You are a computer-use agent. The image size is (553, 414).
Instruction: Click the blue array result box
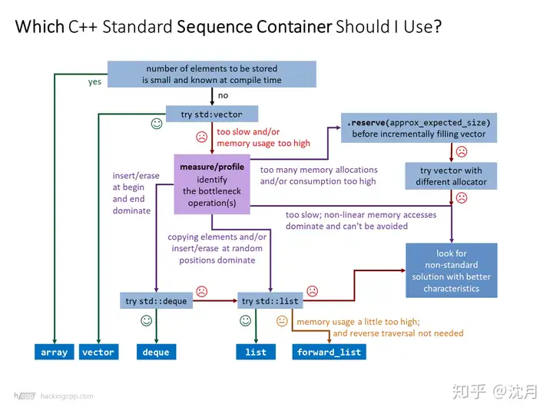pyautogui.click(x=55, y=352)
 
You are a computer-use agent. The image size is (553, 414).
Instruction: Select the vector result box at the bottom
pyautogui.click(x=98, y=352)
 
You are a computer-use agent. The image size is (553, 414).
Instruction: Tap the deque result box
pyautogui.click(x=157, y=352)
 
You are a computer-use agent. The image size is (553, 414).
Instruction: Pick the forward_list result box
pyautogui.click(x=329, y=352)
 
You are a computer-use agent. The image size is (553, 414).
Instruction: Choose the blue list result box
pyautogui.click(x=256, y=352)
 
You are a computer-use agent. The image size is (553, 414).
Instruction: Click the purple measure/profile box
pyautogui.click(x=212, y=184)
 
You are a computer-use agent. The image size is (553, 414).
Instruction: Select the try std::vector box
pyautogui.click(x=211, y=114)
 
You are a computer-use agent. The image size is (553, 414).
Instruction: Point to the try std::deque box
pyautogui.click(x=156, y=301)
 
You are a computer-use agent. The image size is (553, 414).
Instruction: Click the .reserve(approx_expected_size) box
pyautogui.click(x=419, y=128)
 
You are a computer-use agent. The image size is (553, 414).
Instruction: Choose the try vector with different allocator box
pyautogui.click(x=452, y=176)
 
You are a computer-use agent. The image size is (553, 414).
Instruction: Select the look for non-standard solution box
pyautogui.click(x=452, y=270)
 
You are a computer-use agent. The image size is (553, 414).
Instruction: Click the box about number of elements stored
pyautogui.click(x=211, y=74)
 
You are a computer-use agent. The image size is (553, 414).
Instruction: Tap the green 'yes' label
pyautogui.click(x=94, y=81)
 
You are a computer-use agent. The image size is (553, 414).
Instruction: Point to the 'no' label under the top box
pyautogui.click(x=223, y=96)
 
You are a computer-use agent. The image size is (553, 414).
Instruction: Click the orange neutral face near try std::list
pyautogui.click(x=282, y=321)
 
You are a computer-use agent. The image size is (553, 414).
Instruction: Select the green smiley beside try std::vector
pyautogui.click(x=157, y=123)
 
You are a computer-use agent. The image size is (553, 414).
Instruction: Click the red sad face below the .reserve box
pyautogui.click(x=462, y=151)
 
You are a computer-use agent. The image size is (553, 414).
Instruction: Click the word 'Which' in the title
pyautogui.click(x=41, y=28)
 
